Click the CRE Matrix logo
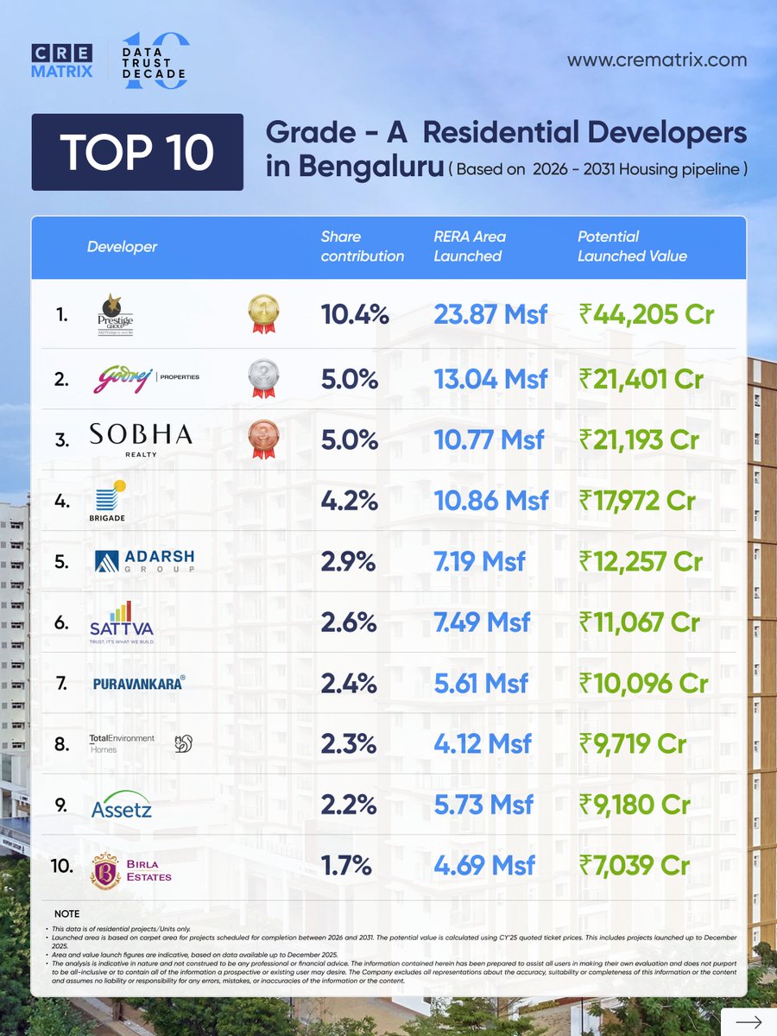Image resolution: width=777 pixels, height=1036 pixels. (61, 61)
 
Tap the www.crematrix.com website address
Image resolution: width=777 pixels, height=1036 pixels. (656, 60)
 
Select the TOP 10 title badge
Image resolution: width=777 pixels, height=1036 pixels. (137, 152)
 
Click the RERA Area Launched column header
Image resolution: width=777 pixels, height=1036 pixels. (470, 246)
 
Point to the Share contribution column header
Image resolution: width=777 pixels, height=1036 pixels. (362, 246)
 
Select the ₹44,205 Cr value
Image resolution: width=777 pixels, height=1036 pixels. (641, 315)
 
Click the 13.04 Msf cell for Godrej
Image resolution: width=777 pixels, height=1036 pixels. (490, 378)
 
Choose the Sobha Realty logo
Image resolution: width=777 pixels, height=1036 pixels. (141, 439)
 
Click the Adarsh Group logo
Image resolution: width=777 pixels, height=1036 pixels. (144, 561)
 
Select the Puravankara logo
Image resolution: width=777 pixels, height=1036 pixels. (139, 683)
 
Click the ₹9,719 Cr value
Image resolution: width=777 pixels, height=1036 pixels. (633, 743)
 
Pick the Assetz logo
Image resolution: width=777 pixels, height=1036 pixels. (122, 807)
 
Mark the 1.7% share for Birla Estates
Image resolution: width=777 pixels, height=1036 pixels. (349, 865)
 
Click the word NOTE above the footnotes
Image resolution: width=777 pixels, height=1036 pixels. (66, 913)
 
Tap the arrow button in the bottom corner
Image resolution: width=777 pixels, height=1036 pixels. (748, 1021)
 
